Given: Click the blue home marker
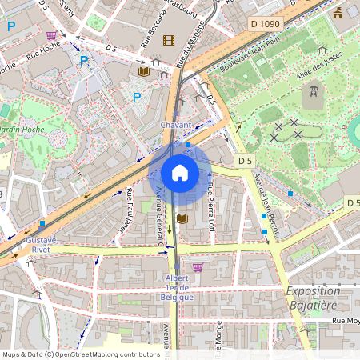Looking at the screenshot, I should pyautogui.click(x=180, y=173).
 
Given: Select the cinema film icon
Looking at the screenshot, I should pyautogui.click(x=168, y=40).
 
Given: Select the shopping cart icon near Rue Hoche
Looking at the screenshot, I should pyautogui.click(x=52, y=36).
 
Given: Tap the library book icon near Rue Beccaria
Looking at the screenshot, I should pyautogui.click(x=144, y=72).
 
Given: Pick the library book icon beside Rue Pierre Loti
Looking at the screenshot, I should pyautogui.click(x=183, y=218).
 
